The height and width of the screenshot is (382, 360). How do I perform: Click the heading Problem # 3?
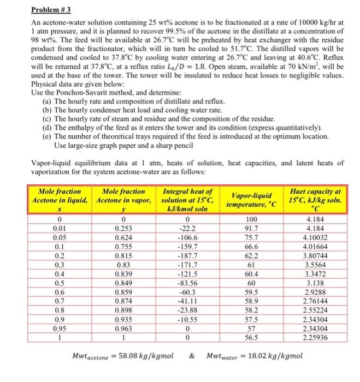click(x=48, y=10)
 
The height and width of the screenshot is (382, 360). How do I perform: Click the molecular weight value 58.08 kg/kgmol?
click(x=143, y=356)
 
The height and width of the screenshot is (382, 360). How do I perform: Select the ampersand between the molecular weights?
click(x=193, y=356)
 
